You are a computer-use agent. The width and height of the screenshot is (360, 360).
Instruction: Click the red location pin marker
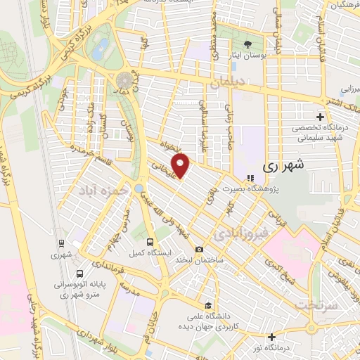coord(181,166)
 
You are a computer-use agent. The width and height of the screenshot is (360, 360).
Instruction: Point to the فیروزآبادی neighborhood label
coord(241,232)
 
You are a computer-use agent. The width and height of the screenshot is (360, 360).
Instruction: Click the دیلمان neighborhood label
coord(229,82)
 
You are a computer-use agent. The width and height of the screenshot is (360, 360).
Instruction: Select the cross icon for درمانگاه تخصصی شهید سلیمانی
coord(321,116)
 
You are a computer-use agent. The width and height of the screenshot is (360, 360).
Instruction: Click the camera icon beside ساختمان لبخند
coord(200,250)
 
